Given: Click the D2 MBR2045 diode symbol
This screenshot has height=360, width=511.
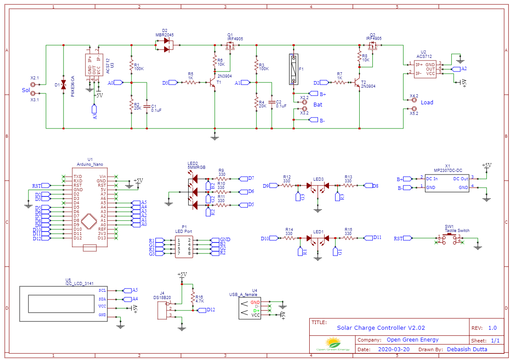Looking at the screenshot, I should tap(166, 45).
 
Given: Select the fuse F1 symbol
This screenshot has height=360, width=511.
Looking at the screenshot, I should tap(293, 69).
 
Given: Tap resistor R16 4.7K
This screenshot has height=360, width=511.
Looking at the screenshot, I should tap(193, 298).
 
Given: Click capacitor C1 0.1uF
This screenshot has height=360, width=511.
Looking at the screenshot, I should tap(147, 107).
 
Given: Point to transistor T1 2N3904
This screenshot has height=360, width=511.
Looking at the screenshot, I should tap(212, 82).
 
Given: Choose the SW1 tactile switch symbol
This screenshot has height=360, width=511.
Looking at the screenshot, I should tap(448, 239).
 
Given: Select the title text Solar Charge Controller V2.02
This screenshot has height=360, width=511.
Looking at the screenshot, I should tap(381, 328).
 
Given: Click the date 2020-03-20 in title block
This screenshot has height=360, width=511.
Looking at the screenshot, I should tap(393, 349).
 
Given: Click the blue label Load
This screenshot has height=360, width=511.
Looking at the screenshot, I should tap(427, 103).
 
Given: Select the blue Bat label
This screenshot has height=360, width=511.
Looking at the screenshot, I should tap(318, 105).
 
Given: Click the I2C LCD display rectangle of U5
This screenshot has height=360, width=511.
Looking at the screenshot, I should tap(63, 303).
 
